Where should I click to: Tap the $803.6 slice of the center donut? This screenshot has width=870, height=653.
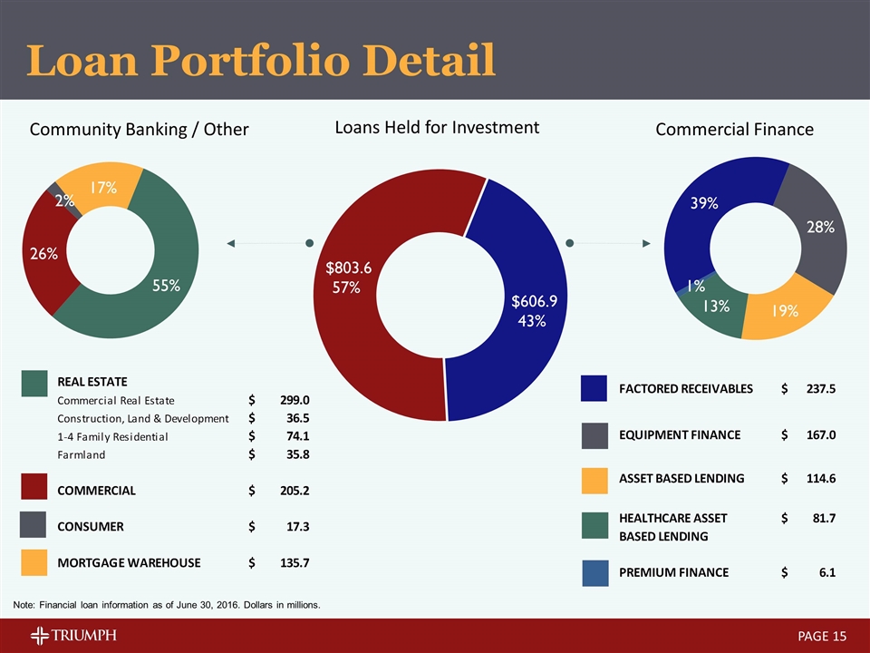pos(349,277)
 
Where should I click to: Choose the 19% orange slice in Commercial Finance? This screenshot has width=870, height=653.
pos(785,310)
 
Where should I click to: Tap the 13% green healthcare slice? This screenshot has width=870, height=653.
pos(717,306)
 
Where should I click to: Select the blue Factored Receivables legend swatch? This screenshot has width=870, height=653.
pos(594,389)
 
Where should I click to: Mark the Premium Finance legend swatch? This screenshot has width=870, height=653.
pos(594,573)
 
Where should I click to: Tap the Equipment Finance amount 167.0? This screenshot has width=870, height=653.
pos(818,435)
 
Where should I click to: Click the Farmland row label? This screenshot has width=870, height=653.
pos(82,454)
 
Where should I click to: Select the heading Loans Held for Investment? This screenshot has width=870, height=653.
pos(437,128)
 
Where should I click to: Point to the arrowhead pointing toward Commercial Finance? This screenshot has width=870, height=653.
pos(646,243)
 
